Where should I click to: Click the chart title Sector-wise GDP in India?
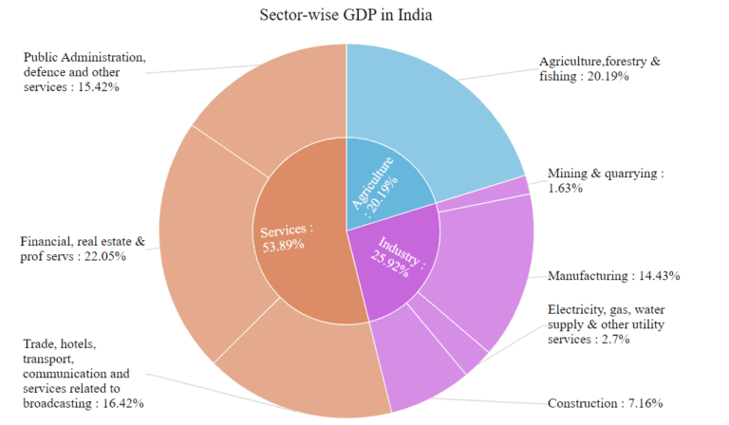346,15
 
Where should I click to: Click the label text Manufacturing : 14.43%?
613,276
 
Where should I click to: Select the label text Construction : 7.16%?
605,402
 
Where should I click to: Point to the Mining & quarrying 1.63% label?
606,181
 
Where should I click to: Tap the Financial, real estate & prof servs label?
83,249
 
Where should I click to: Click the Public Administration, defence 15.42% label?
84,72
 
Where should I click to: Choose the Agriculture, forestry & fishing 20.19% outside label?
599,68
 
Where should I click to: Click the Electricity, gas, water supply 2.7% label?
611,324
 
